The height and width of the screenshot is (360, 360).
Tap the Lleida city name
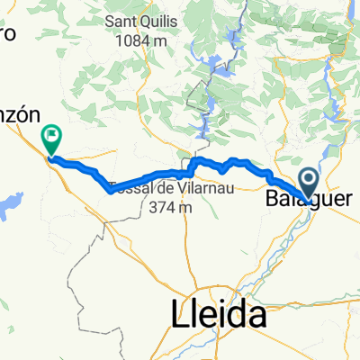(x=219, y=315)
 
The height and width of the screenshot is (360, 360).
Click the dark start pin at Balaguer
(x=309, y=183)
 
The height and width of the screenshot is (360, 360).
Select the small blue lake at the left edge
(x=9, y=205)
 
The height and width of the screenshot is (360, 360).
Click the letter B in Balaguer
(x=273, y=196)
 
